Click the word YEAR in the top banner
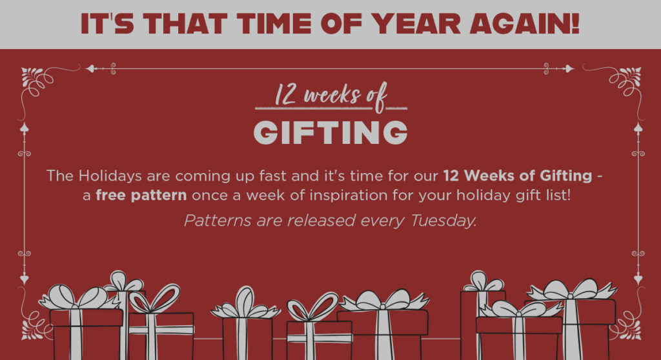pos(417,23)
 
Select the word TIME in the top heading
pos(274,23)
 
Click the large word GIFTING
pos(330,132)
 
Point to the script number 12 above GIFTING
pos(285,94)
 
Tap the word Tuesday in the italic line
pos(443,221)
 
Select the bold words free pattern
pos(141,195)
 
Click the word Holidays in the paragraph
pos(110,175)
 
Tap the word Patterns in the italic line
pos(218,221)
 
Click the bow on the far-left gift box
pos(78,297)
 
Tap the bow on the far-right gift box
pos(572,290)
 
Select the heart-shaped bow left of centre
pos(312,306)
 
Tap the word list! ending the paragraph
pos(559,195)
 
